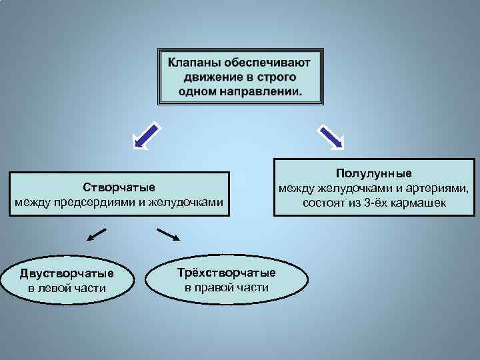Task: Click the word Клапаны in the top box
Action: pyautogui.click(x=194, y=63)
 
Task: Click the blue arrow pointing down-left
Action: pyautogui.click(x=147, y=134)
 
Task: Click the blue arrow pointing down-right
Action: pyautogui.click(x=331, y=135)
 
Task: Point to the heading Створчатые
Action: pyautogui.click(x=119, y=186)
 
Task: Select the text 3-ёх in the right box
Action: pyautogui.click(x=377, y=202)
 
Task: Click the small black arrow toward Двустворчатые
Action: pyautogui.click(x=97, y=234)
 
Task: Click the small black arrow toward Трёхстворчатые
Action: pyautogui.click(x=169, y=234)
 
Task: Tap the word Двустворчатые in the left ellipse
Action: pyautogui.click(x=67, y=273)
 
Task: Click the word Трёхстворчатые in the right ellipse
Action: pyautogui.click(x=227, y=273)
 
